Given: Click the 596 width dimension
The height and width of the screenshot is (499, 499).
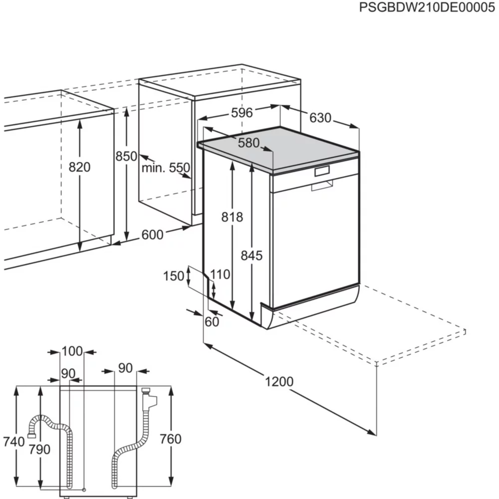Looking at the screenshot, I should tap(242, 113).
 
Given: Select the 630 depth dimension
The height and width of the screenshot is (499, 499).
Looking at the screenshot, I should tap(320, 118).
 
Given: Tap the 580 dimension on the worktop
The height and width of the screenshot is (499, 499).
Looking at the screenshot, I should tap(249, 143).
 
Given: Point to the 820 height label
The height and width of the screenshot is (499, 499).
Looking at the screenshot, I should tap(80, 167).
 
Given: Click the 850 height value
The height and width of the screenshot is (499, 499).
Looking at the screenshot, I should tap(126, 156).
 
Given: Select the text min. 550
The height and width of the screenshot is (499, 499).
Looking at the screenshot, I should tap(166, 168).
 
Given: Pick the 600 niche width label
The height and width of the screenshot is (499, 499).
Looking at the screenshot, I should tap(152, 235).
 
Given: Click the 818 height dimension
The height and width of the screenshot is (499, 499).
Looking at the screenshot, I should tap(232, 217).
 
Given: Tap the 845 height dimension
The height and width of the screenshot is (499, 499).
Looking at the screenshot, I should tap(251, 256).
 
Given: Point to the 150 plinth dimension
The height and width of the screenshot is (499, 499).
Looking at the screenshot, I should tap(174, 275).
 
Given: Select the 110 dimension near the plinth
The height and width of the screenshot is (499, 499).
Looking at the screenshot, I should tap(220, 274).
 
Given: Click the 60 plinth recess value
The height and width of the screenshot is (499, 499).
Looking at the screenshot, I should tap(212, 322).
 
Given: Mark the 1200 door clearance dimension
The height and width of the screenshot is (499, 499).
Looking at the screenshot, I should tap(279, 382).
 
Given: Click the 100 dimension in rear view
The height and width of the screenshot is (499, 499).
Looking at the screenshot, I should tap(72, 351).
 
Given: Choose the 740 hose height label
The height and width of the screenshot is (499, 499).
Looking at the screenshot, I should tap(13, 442).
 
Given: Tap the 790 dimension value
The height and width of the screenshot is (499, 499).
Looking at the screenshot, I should tap(39, 449).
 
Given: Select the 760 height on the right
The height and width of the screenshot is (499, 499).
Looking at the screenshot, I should tap(170, 439).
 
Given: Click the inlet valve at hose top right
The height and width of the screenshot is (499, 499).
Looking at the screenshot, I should tap(149, 398).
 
